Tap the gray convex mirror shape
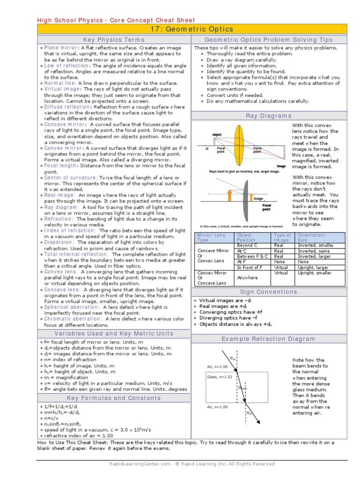click(x=246, y=193)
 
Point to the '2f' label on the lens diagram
click(x=207, y=149)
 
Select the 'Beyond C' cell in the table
click(x=247, y=245)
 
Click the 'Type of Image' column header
click(x=283, y=238)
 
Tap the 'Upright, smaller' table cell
click(x=315, y=273)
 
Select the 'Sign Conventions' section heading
click(x=269, y=292)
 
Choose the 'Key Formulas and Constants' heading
click(x=114, y=398)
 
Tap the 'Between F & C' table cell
click(x=253, y=256)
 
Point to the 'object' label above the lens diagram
click(x=217, y=135)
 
